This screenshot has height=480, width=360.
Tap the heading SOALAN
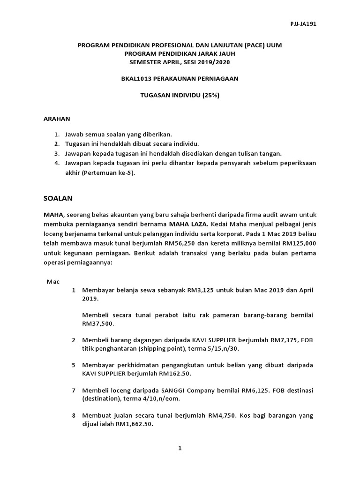58,198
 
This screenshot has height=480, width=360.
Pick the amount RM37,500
97,323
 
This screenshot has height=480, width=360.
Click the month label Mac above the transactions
52,281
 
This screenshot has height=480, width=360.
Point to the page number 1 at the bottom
180,448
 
